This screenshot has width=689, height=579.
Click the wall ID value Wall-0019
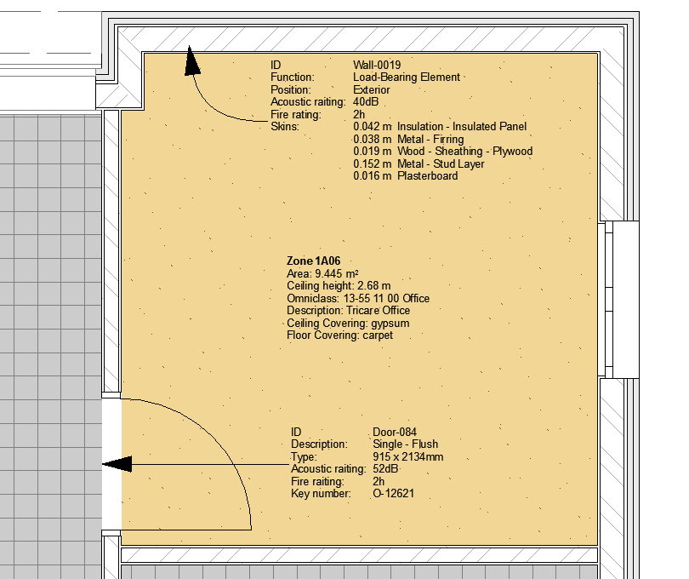click(377, 65)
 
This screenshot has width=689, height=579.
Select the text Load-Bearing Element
click(407, 77)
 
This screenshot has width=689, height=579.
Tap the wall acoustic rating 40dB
click(366, 102)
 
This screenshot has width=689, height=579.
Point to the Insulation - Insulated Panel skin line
click(440, 127)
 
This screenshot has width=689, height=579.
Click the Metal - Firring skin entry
click(408, 140)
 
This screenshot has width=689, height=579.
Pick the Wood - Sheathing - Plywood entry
click(443, 152)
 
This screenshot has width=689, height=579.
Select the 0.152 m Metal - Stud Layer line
click(419, 164)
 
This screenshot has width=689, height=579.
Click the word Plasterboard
click(428, 176)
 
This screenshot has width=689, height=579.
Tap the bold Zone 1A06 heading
click(313, 261)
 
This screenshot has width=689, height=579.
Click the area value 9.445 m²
click(337, 273)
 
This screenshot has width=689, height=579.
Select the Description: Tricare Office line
click(349, 311)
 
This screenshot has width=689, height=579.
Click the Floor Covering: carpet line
click(339, 335)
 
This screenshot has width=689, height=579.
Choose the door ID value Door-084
click(395, 432)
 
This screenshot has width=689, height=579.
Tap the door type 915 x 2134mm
click(407, 456)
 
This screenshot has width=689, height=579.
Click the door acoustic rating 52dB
click(385, 469)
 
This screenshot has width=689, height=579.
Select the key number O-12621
click(393, 494)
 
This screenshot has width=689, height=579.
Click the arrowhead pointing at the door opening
click(117, 464)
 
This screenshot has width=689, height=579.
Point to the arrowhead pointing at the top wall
click(191, 60)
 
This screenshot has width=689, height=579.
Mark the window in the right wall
click(618, 299)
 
